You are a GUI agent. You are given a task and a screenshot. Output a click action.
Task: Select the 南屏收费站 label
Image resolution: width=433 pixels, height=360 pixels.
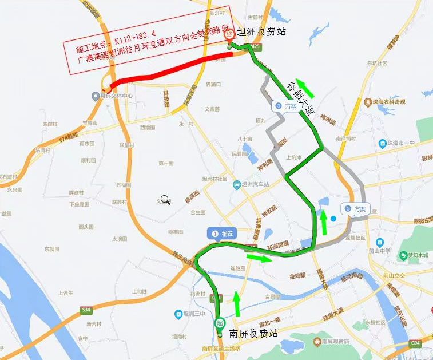click(253, 333)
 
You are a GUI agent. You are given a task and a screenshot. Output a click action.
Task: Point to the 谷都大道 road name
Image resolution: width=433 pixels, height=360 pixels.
click(302, 99)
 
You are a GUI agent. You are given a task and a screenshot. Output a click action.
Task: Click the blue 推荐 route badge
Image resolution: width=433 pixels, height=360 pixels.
click(222, 234)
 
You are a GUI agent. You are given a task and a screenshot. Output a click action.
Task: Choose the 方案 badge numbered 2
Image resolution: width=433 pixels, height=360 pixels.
click(355, 209)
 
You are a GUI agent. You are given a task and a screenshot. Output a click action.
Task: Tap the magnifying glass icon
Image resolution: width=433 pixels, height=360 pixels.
click(165, 200)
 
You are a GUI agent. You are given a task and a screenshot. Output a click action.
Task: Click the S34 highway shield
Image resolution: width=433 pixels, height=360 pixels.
click(86, 310)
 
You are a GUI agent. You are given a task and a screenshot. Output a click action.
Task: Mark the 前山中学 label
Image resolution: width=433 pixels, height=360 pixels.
click(379, 250)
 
